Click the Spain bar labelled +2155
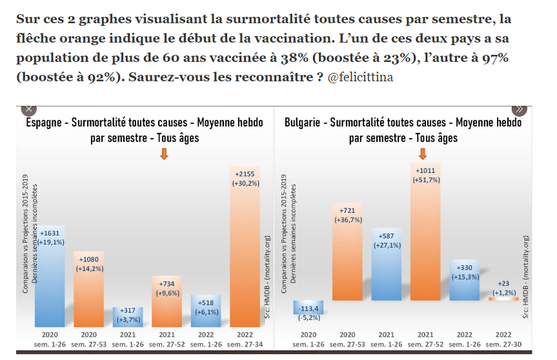tap(245, 258)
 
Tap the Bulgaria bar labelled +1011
tap(426, 252)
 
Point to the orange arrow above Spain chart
tap(164, 154)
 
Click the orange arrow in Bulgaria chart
tap(423, 154)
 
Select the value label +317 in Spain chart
tap(128, 311)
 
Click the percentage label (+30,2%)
tap(245, 183)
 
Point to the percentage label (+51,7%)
tap(426, 180)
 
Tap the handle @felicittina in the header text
tap(360, 77)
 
